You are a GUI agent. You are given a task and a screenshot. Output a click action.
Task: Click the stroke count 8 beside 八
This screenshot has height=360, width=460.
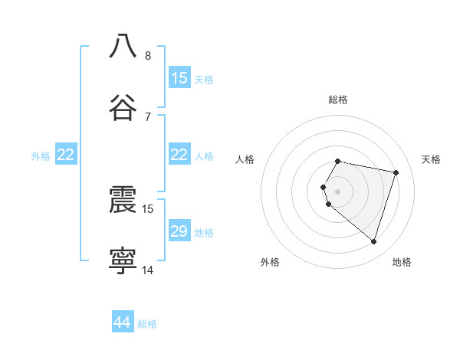147,55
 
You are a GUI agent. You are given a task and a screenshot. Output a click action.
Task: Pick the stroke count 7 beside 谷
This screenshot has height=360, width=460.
147,116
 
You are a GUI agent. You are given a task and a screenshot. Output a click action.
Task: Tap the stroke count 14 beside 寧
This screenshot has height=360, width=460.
148,270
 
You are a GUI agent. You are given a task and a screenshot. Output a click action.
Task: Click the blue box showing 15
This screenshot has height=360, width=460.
179,78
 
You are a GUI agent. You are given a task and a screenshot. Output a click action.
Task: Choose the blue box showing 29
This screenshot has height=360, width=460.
179,231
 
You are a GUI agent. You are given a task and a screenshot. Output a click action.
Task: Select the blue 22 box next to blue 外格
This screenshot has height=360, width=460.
66,155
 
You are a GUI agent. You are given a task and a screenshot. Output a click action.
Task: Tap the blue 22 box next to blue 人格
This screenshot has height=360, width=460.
179,155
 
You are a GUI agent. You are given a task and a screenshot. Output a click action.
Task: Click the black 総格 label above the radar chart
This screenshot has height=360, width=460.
338,100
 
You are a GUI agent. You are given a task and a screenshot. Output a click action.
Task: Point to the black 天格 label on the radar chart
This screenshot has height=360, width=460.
432,159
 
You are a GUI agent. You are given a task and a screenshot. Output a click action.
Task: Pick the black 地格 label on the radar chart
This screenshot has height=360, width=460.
402,262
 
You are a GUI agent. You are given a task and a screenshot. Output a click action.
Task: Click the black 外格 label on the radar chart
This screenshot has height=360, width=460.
270,262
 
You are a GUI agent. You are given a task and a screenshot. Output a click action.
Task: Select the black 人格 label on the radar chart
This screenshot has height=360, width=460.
245,159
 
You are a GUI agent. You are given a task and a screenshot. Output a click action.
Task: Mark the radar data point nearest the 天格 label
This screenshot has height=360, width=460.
396,172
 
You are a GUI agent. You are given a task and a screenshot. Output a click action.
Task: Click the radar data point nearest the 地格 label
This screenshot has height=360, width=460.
373,242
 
